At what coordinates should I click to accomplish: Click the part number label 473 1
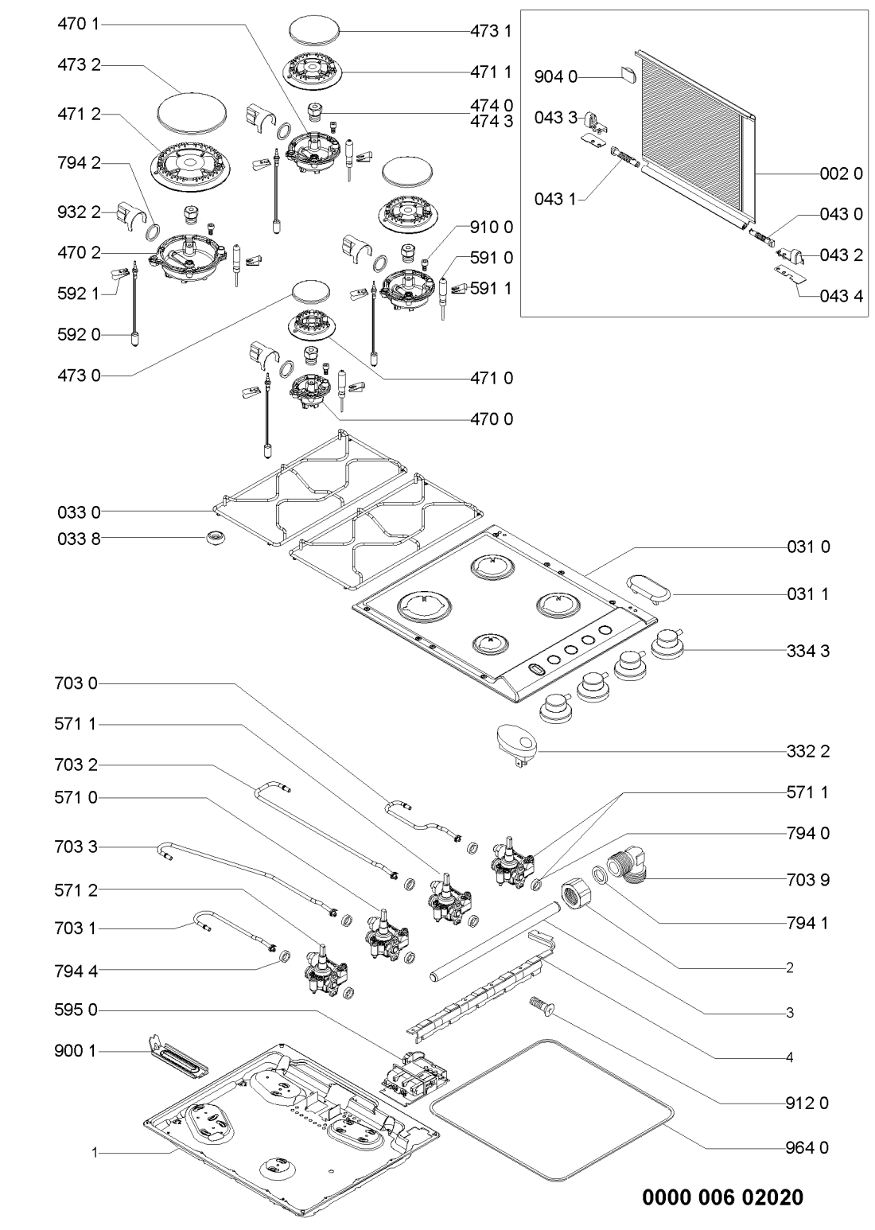click(x=492, y=31)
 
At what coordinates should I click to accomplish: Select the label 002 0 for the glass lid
click(x=841, y=174)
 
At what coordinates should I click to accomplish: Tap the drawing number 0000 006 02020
click(x=721, y=1197)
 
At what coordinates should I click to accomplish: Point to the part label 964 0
click(x=808, y=1147)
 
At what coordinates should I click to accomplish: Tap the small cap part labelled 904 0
click(x=627, y=75)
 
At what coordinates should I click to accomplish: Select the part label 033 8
click(x=80, y=539)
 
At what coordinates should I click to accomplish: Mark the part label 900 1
click(x=80, y=1051)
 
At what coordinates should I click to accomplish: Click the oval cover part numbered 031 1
click(x=646, y=589)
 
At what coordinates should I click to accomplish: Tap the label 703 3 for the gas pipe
click(x=80, y=847)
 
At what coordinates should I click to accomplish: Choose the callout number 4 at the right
click(x=789, y=1057)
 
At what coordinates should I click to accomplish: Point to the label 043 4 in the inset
click(x=841, y=296)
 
